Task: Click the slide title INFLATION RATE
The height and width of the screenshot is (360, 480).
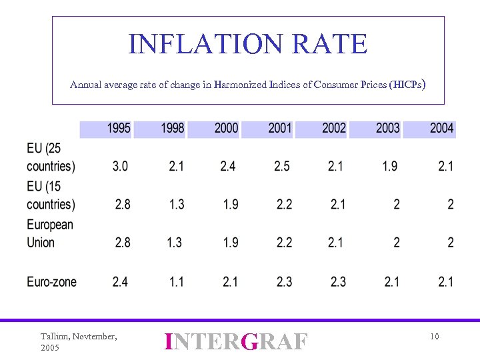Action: point(248,45)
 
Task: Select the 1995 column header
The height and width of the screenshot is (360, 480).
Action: point(119,128)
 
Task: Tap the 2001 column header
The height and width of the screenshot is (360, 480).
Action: point(280,128)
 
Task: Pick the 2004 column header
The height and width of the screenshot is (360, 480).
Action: point(441,128)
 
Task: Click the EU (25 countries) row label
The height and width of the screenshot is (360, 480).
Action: point(51,157)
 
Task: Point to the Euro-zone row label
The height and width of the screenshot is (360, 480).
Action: point(52,282)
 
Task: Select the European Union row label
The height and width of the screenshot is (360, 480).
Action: point(50,233)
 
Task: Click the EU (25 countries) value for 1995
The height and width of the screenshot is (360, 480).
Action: point(120,166)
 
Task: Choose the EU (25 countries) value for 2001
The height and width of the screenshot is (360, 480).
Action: point(282,166)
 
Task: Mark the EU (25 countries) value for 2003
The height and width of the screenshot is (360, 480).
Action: point(390,166)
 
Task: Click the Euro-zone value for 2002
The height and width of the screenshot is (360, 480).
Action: point(338,282)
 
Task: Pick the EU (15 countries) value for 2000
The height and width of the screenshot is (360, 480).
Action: point(231,204)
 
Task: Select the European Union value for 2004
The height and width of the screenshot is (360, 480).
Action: point(451,243)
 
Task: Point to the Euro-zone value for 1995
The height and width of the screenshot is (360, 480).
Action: point(120,282)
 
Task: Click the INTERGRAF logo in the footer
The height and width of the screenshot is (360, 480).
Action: point(237,341)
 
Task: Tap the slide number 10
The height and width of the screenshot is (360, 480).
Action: point(434,337)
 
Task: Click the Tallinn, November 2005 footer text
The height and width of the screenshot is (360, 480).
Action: point(79,342)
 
